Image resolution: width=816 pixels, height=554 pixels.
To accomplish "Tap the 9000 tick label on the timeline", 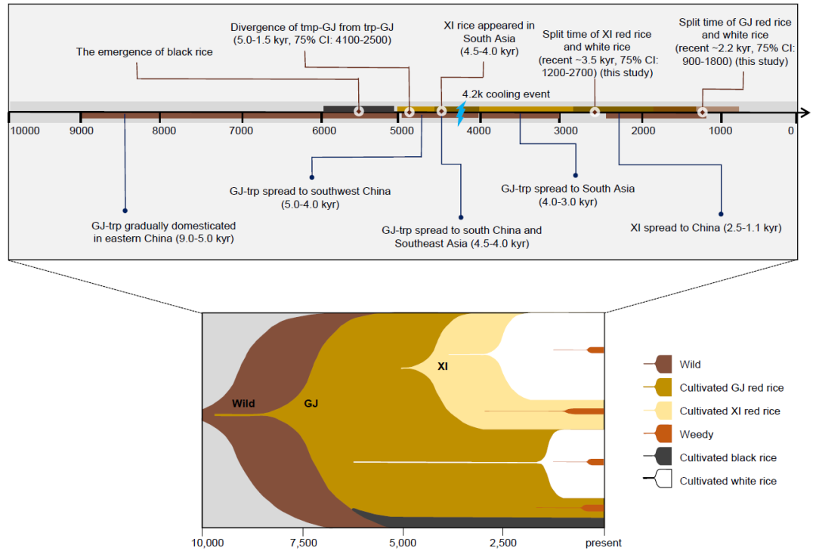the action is pyautogui.click(x=82, y=131).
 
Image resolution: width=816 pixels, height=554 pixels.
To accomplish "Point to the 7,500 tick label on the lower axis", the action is pyautogui.click(x=302, y=543).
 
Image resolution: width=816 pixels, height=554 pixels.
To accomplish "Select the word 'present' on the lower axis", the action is pyautogui.click(x=603, y=543).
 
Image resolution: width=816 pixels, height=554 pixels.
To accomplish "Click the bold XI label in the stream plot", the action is pyautogui.click(x=444, y=366).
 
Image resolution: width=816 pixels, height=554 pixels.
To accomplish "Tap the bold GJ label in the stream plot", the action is pyautogui.click(x=311, y=404).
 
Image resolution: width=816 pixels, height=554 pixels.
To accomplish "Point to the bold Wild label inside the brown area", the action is pyautogui.click(x=243, y=404).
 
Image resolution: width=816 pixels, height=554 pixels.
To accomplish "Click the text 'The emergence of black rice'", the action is pyautogui.click(x=144, y=52).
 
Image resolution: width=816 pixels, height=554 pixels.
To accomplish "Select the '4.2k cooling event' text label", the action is pyautogui.click(x=506, y=94).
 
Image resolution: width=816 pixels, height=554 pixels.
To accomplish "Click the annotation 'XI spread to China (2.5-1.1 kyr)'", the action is pyautogui.click(x=706, y=227).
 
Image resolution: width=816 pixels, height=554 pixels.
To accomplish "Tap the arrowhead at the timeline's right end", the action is pyautogui.click(x=805, y=113).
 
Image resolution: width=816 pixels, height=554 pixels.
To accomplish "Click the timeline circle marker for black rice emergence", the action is pyautogui.click(x=359, y=112).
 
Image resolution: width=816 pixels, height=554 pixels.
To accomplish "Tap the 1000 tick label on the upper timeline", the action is pyautogui.click(x=721, y=131).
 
